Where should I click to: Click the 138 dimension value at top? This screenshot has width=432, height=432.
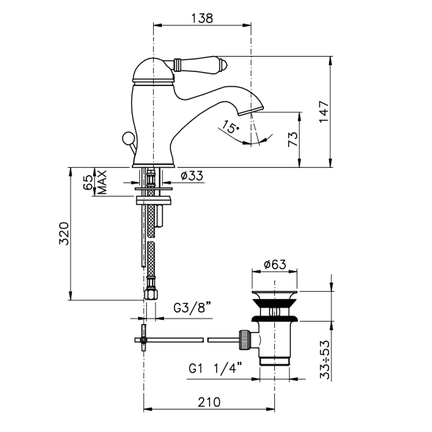pos(202,18)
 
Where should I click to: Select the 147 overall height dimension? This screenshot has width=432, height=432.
pos(324,112)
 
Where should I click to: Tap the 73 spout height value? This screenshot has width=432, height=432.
pos(293,139)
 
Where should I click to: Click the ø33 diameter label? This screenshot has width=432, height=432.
pos(192,176)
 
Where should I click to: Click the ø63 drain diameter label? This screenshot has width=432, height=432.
pos(275,265)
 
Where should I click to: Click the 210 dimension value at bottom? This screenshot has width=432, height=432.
pos(209,402)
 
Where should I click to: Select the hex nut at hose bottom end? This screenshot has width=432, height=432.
pos(151,295)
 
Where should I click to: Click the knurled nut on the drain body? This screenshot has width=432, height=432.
pos(245,340)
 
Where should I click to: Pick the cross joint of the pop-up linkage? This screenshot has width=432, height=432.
pos(143,340)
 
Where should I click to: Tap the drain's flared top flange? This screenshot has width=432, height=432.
pos(275,295)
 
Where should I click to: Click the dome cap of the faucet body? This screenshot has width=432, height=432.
pos(153,69)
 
